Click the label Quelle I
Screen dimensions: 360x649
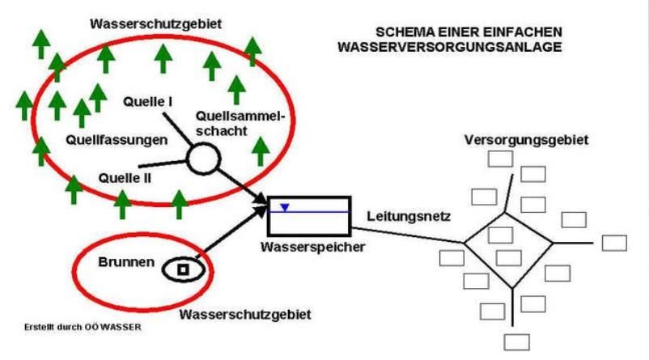(x=149, y=103)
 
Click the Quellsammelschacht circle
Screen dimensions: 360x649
(x=203, y=157)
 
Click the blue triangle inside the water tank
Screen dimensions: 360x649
(x=284, y=208)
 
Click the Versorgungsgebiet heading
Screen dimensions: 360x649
(x=526, y=140)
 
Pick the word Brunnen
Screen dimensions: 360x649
(x=121, y=264)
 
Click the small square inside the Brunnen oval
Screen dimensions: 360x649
(x=183, y=269)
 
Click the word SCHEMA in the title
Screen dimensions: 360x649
(x=402, y=32)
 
